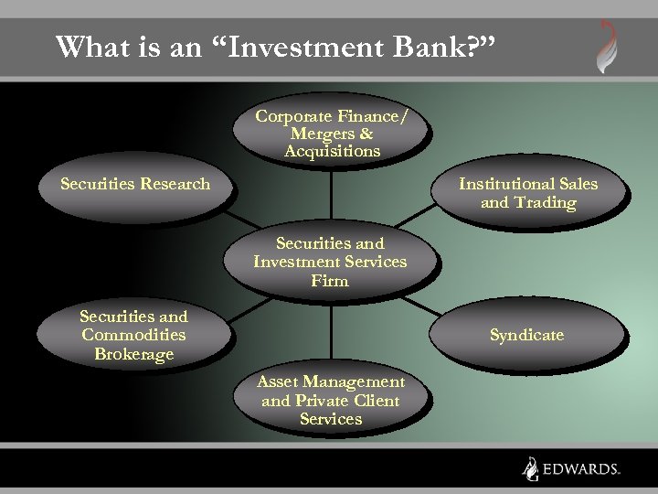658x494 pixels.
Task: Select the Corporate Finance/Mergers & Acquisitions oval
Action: point(332,134)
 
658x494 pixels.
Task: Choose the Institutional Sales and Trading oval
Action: point(528,193)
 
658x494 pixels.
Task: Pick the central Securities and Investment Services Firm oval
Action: point(330,263)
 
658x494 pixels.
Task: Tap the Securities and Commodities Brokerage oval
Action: point(133,335)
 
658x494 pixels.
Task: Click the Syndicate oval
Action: point(526,335)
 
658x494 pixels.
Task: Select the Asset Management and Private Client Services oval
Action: point(330,401)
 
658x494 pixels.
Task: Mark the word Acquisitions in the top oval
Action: point(332,151)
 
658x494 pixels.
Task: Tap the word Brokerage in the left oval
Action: point(133,354)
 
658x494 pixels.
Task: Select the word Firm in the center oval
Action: point(330,281)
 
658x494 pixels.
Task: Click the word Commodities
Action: point(133,335)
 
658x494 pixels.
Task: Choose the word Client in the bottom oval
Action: point(376,401)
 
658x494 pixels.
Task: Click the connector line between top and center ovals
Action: point(331,197)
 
